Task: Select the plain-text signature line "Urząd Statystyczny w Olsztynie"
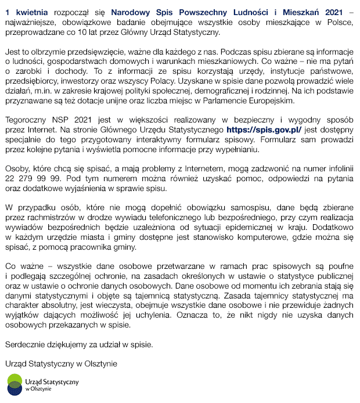(61, 364)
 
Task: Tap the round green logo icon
(14, 385)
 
